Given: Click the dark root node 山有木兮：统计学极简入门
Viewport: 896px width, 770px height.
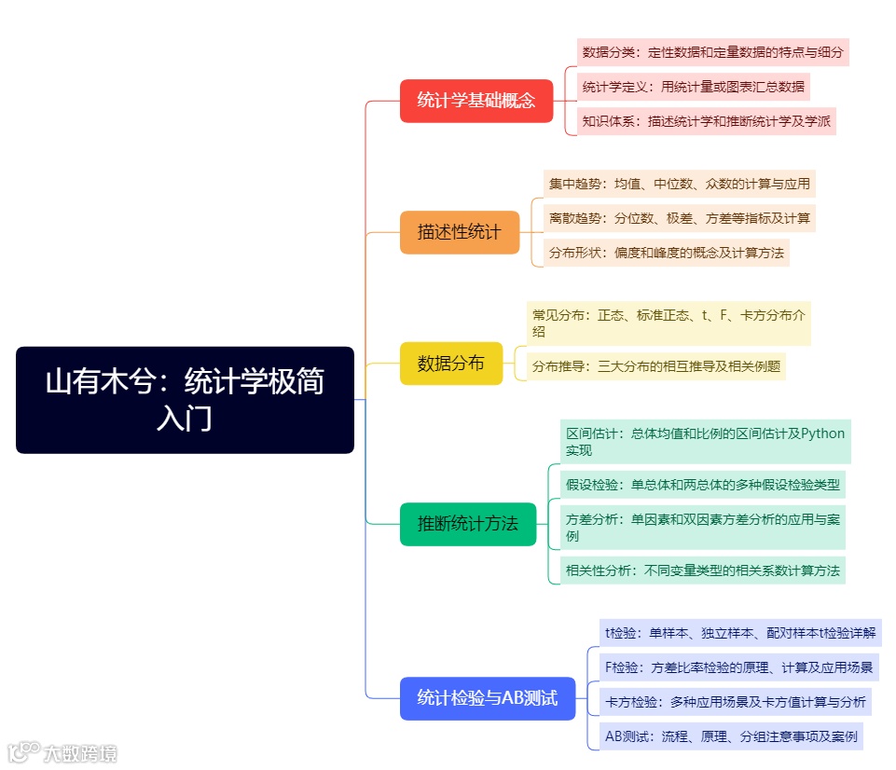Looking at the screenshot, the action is tap(185, 400).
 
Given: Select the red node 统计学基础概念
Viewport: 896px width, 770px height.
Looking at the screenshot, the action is tap(476, 101).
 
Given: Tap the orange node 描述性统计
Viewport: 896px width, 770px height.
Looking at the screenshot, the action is tap(460, 232).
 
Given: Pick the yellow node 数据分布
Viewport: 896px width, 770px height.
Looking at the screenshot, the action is tap(451, 364).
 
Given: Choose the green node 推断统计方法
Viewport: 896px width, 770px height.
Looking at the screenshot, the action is tap(468, 524).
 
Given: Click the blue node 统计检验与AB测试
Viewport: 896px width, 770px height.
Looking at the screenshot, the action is tap(488, 698).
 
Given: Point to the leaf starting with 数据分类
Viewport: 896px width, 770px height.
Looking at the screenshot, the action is tap(712, 52).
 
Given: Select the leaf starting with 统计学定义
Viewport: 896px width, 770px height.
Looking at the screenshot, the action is tap(693, 87).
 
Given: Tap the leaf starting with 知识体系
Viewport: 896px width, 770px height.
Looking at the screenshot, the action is tap(706, 121).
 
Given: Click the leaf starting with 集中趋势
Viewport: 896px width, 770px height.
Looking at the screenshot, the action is tap(679, 184).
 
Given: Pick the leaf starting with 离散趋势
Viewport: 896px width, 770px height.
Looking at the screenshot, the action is tap(679, 219).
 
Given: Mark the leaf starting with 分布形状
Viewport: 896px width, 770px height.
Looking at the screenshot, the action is tap(666, 253).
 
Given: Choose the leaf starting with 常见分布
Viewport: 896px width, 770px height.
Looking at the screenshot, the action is tap(668, 323).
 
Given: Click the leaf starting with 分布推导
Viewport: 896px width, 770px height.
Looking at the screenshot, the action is tap(655, 366).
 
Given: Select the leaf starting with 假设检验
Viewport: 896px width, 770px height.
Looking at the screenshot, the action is tap(703, 485).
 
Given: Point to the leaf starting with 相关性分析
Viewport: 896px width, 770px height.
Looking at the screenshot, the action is tap(702, 571).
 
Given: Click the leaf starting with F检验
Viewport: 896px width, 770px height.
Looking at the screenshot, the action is tap(738, 667).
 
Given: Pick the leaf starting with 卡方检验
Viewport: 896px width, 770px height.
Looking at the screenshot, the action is tap(735, 702).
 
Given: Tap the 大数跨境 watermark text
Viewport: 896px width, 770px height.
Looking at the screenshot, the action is tap(81, 752).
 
